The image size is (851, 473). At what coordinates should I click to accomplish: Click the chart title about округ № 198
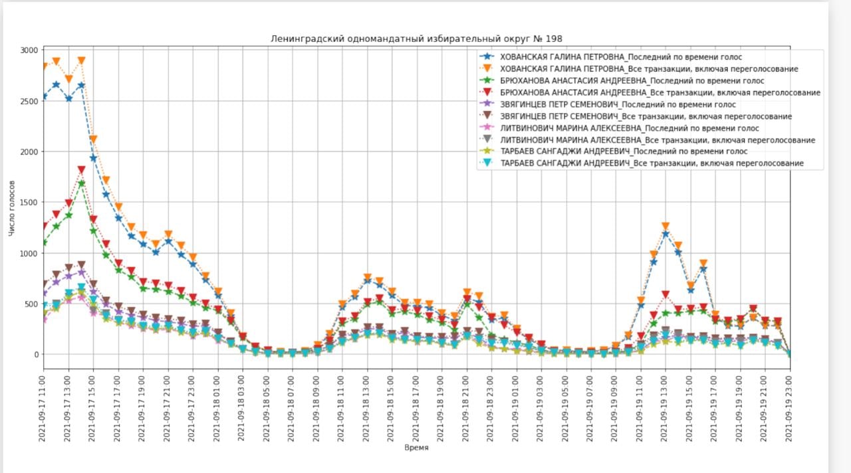coord(416,39)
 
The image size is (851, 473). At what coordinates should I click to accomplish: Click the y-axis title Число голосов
coord(12,208)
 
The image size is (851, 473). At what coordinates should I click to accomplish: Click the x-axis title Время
coord(416,447)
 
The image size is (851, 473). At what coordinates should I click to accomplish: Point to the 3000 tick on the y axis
coord(29,50)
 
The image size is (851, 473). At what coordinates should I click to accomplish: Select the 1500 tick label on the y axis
coord(29,203)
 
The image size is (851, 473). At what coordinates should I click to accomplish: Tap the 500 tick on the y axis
coord(31,304)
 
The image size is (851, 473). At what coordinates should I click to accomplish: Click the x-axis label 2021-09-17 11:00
coord(43,406)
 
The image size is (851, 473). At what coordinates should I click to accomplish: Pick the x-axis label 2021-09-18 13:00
coord(367,406)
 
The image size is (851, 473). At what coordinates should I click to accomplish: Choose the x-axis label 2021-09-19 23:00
coord(790,406)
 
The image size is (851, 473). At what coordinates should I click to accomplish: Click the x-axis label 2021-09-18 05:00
coord(267,406)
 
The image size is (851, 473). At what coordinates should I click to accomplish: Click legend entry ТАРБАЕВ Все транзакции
coord(652,163)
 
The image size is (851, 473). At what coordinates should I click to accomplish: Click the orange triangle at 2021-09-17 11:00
coord(44,66)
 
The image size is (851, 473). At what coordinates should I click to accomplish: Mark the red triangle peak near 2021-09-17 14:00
coord(81,171)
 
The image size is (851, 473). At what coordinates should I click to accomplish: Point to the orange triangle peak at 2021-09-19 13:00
coord(666,227)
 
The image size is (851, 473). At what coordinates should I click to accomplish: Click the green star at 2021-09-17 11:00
coord(44,242)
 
